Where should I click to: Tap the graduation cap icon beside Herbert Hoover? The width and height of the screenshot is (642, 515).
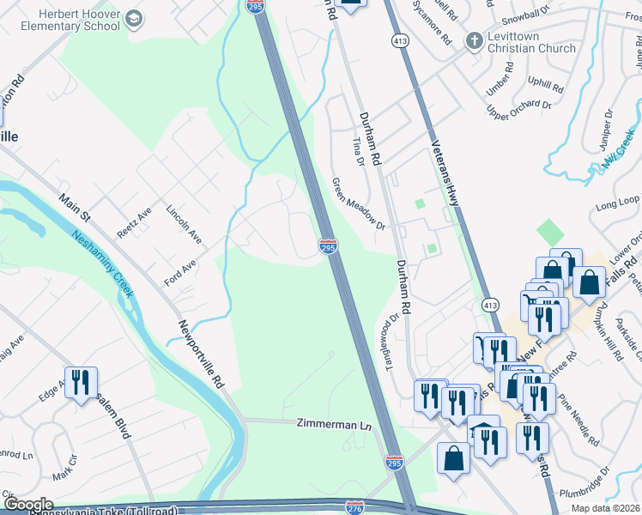[x=134, y=18]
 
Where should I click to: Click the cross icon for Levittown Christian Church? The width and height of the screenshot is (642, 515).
[x=473, y=39]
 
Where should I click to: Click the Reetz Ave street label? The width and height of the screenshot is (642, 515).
[x=134, y=221]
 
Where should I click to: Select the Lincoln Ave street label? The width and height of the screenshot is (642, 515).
[x=183, y=223]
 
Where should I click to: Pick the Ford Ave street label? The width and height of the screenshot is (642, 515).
[x=181, y=272]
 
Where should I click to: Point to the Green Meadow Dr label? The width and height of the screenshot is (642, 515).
[x=359, y=203]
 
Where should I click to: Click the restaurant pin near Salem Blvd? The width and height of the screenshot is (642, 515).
[x=82, y=382]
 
